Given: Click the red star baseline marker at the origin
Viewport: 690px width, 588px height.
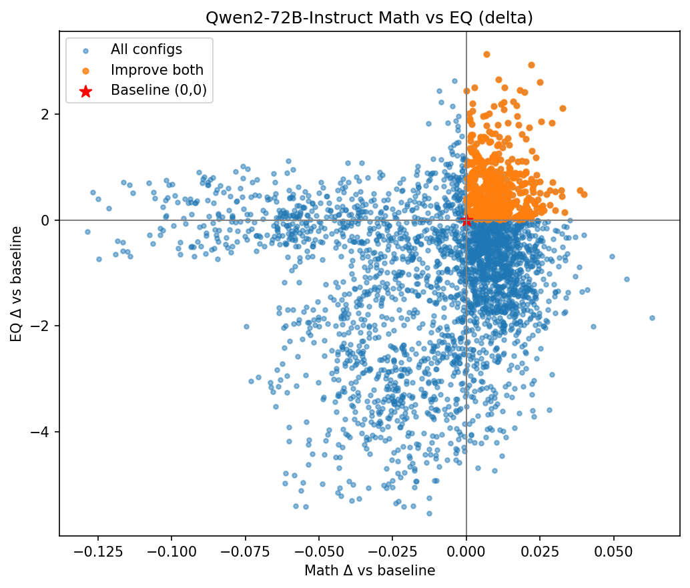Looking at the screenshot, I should [466, 220].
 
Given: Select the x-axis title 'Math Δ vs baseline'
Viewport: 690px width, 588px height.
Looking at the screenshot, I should [369, 571].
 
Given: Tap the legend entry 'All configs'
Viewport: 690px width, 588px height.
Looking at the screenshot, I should [146, 49].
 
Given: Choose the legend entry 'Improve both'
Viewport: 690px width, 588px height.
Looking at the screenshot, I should [157, 70].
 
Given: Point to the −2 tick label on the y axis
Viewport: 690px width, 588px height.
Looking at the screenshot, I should [42, 326].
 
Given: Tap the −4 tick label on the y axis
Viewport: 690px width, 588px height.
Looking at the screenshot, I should [42, 432].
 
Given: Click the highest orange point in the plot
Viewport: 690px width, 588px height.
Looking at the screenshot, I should [486, 54].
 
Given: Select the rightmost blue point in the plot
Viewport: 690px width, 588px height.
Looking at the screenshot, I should [652, 318].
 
